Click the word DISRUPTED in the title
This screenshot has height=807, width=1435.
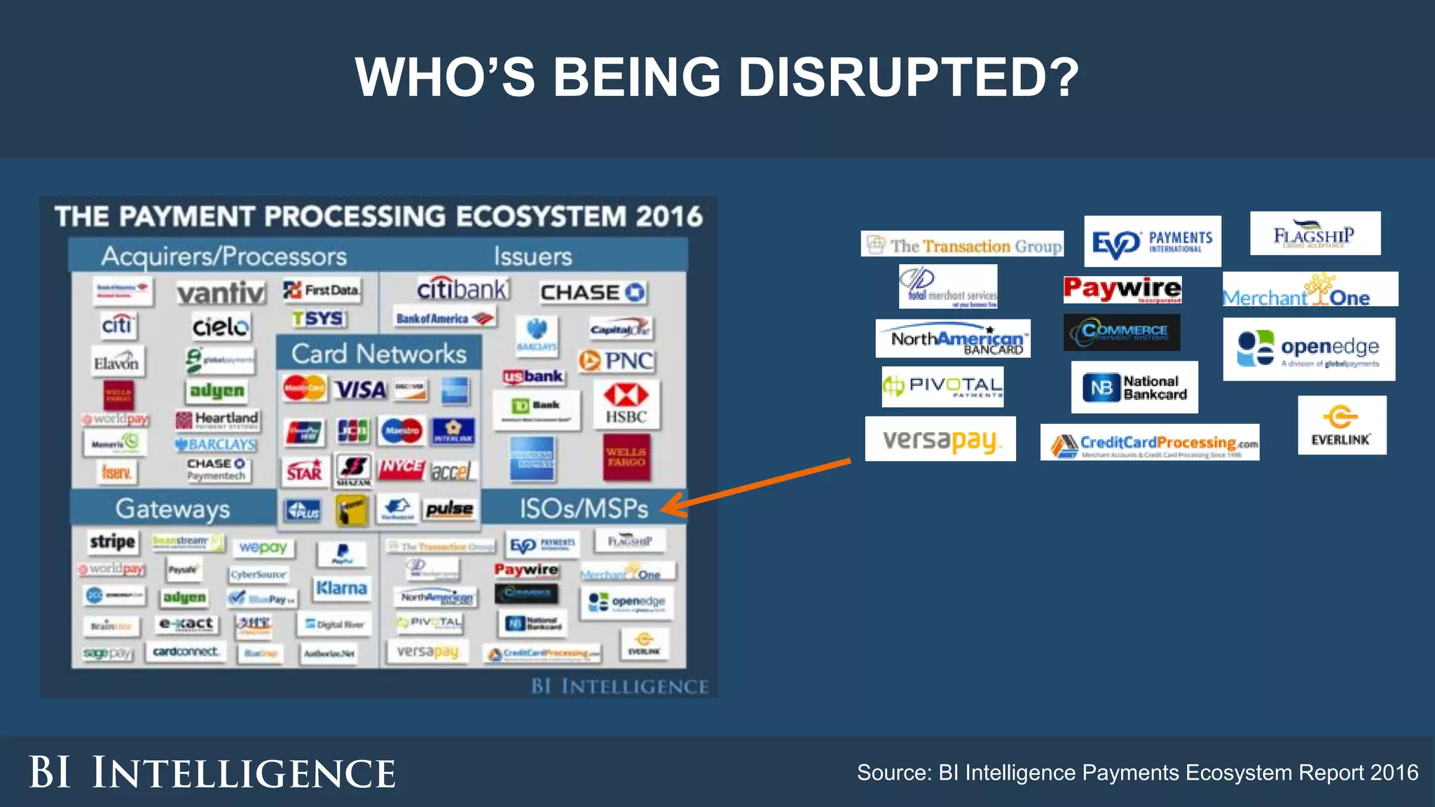[x=908, y=77]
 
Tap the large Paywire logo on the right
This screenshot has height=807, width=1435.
[x=1122, y=289]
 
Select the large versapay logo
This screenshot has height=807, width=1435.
[x=940, y=439]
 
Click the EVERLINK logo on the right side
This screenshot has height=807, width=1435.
[x=1341, y=425]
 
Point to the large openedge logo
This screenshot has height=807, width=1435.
[x=1309, y=349]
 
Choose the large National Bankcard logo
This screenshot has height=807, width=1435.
[x=1134, y=387]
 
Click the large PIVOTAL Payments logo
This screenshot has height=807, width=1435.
[x=942, y=386]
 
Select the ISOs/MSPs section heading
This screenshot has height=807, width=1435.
[x=584, y=509]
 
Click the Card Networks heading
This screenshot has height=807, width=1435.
[x=378, y=354]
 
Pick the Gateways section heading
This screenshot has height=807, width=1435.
[x=172, y=509]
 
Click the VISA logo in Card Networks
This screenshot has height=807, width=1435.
[x=360, y=389]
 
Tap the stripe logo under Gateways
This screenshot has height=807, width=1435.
[x=112, y=542]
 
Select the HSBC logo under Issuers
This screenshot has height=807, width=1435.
[x=626, y=404]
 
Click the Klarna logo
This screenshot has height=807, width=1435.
[x=341, y=588]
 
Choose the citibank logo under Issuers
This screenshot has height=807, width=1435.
[x=462, y=289]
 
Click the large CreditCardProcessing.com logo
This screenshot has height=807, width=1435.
[x=1149, y=443]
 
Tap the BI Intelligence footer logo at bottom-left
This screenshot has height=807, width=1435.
[x=212, y=773]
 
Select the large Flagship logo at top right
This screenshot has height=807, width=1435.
[x=1314, y=234]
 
